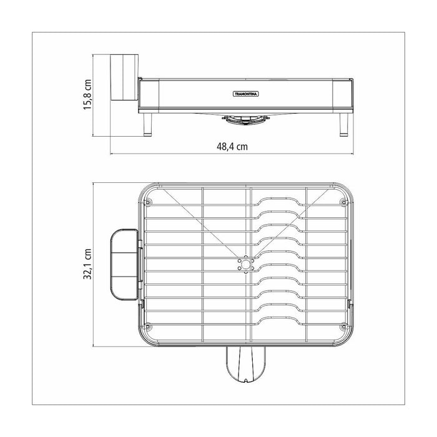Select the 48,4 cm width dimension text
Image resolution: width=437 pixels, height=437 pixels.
[232, 147]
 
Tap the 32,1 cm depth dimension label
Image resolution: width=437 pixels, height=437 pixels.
[88, 265]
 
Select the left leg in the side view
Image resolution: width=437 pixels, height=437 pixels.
[148, 124]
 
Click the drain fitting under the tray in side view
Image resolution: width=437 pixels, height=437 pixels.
[244, 118]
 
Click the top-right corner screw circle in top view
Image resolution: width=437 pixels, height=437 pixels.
[342, 202]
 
